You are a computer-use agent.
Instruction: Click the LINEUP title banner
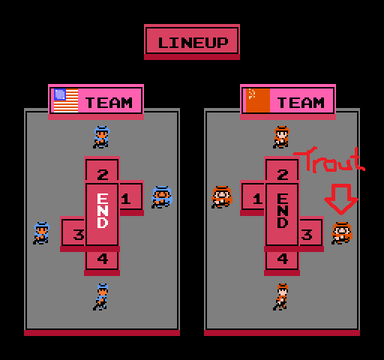(x=192, y=42)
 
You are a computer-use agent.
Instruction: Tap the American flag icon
(x=66, y=100)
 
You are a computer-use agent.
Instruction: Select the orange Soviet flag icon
(x=258, y=100)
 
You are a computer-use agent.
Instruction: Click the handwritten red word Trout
(x=329, y=160)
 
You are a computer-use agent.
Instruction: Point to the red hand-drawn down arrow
(x=341, y=199)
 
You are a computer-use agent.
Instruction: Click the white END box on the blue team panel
(x=102, y=214)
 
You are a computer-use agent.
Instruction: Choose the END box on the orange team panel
(x=282, y=214)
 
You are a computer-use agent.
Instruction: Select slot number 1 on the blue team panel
(x=130, y=197)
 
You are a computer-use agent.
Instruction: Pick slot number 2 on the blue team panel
(x=102, y=170)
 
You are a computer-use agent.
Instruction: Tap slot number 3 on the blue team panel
(x=73, y=233)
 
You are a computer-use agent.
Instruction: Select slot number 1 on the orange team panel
(x=253, y=197)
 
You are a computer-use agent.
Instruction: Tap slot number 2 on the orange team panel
(x=282, y=170)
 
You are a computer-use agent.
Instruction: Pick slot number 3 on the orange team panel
(x=311, y=233)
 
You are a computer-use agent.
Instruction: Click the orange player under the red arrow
(x=342, y=233)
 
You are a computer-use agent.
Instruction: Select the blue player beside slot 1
(x=162, y=197)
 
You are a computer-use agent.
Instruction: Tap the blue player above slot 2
(x=101, y=137)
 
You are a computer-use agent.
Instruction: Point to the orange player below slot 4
(x=281, y=297)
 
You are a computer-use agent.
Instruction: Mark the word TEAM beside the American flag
(x=109, y=103)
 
